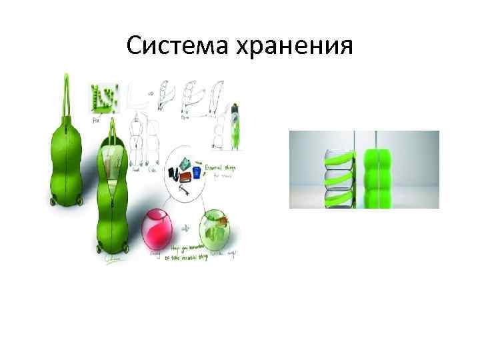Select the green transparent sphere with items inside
coord(218,229)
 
